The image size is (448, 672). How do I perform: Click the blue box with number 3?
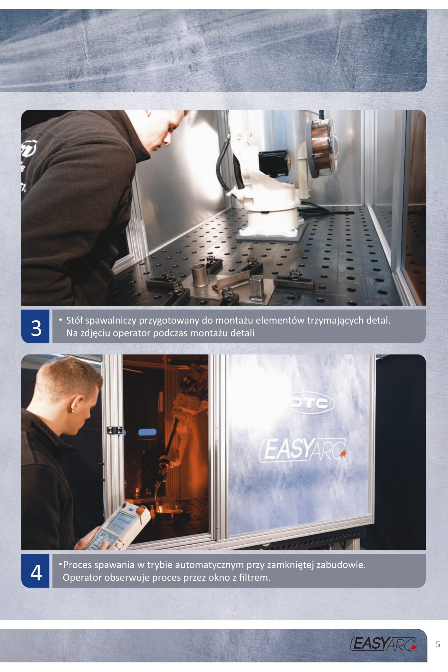(x=35, y=326)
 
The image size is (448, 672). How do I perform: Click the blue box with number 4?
(x=35, y=571)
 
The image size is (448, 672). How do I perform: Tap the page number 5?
(x=438, y=644)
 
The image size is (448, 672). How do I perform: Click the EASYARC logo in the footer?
(x=383, y=644)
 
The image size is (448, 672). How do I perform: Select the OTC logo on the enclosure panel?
(x=310, y=403)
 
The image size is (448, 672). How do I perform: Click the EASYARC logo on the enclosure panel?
(x=303, y=451)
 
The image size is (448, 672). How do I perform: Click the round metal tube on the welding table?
(x=199, y=275)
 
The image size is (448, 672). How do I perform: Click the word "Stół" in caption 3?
(x=74, y=320)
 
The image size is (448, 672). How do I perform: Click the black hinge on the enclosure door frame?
(x=115, y=430)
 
